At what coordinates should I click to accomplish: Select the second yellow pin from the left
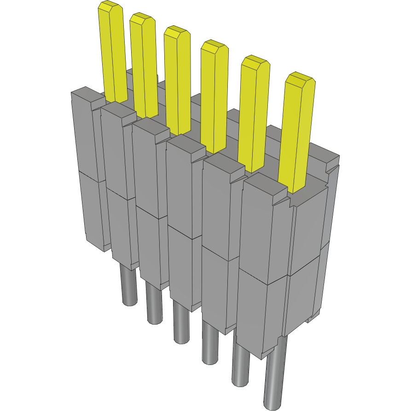pyautogui.click(x=144, y=64)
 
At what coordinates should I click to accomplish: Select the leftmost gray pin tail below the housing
pyautogui.click(x=129, y=285)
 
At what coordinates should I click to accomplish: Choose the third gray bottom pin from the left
pyautogui.click(x=181, y=322)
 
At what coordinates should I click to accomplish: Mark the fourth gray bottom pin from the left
pyautogui.click(x=209, y=343)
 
